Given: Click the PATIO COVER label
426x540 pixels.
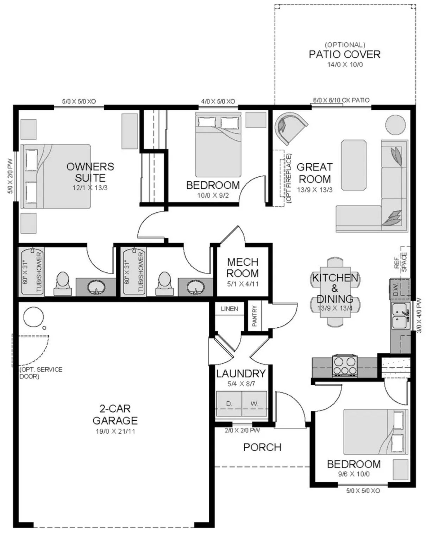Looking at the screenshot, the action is click(344, 55).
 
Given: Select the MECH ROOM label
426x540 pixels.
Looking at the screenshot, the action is click(243, 268).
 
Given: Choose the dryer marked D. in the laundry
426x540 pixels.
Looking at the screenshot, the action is click(229, 404).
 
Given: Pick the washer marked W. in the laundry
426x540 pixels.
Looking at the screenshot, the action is click(254, 404).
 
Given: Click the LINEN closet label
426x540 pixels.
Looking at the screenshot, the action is click(230, 309).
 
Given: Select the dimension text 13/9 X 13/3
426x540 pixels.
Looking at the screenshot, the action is click(314, 190).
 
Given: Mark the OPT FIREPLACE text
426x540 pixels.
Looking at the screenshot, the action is click(289, 178).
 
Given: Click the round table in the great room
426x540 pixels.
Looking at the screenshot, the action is click(395, 125).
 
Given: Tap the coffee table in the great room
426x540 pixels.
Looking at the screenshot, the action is click(353, 165).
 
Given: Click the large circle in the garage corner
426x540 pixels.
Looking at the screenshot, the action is click(33, 317).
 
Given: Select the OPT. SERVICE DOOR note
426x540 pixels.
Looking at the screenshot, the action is click(41, 373).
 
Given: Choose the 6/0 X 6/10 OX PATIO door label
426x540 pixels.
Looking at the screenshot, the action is click(341, 100).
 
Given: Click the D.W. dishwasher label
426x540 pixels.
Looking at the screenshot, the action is click(395, 289).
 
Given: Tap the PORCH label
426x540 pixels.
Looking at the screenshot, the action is click(262, 447).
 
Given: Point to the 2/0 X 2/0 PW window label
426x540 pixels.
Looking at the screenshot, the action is click(242, 431).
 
